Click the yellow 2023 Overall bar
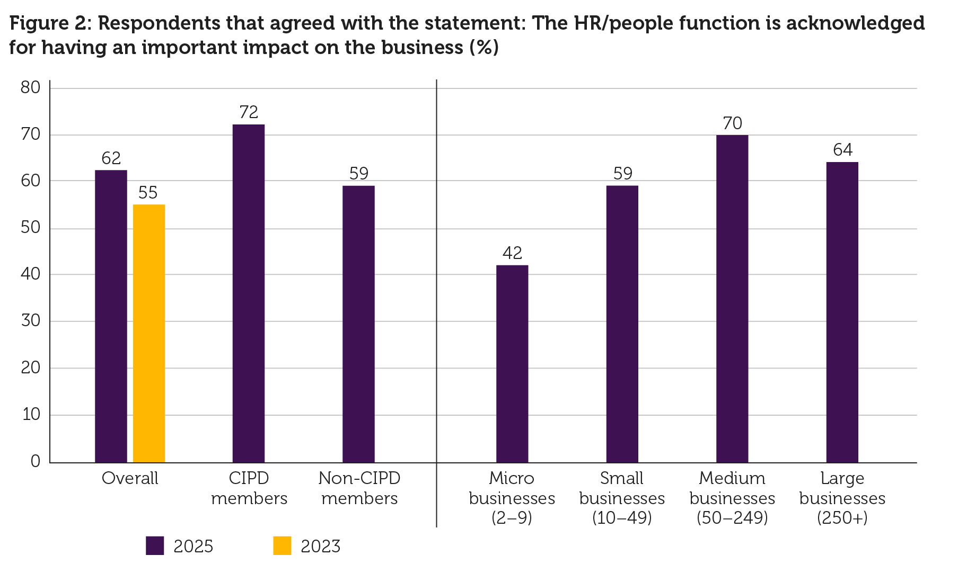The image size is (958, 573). (x=149, y=334)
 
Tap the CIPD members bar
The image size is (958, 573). (x=249, y=294)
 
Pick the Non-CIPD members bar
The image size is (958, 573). (x=358, y=324)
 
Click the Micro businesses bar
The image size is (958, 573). (x=512, y=364)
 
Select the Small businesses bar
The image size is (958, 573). (x=622, y=324)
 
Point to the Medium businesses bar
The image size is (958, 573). (x=732, y=299)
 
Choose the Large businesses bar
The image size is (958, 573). (x=842, y=312)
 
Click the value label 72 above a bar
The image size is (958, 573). (x=249, y=112)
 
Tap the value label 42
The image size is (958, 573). (x=512, y=253)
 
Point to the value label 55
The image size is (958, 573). (x=148, y=193)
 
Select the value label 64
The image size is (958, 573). (x=842, y=150)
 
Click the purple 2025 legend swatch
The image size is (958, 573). (x=155, y=546)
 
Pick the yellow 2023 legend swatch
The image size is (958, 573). (x=282, y=546)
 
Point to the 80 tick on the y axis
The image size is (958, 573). (x=31, y=88)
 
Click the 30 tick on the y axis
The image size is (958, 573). (x=31, y=321)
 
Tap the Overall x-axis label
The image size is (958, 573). (x=130, y=479)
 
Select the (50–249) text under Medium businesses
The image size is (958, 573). (x=732, y=518)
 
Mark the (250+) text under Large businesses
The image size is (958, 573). (x=842, y=518)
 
